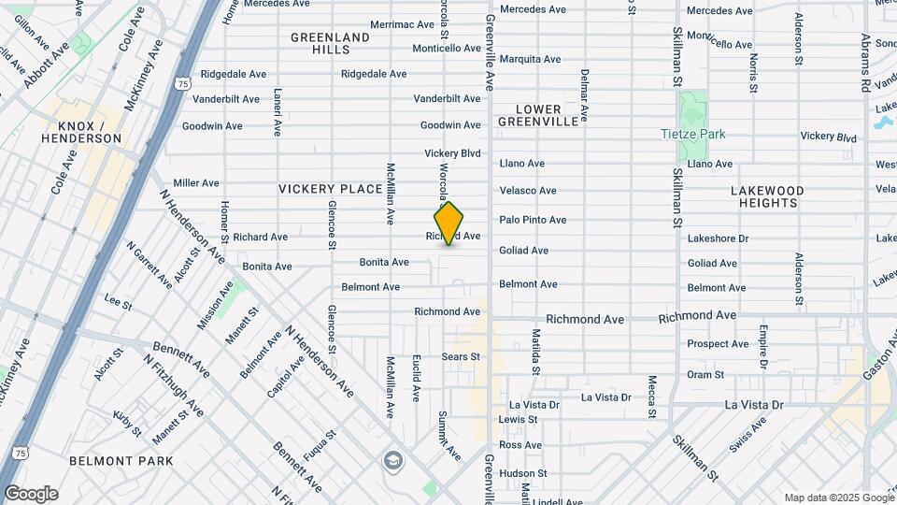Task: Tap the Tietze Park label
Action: pyautogui.click(x=692, y=134)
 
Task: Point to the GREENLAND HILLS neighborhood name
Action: pyautogui.click(x=330, y=43)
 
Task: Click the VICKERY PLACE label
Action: pyautogui.click(x=331, y=189)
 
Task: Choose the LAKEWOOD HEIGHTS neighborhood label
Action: pyautogui.click(x=771, y=195)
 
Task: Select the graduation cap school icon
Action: pyautogui.click(x=393, y=460)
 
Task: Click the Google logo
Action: pyautogui.click(x=30, y=494)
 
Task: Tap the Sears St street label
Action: pyautogui.click(x=461, y=356)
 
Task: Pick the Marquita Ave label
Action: pyautogui.click(x=530, y=59)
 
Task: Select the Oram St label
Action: pyautogui.click(x=705, y=374)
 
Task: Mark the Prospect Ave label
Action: pyautogui.click(x=718, y=344)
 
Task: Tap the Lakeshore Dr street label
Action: pyautogui.click(x=718, y=238)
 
